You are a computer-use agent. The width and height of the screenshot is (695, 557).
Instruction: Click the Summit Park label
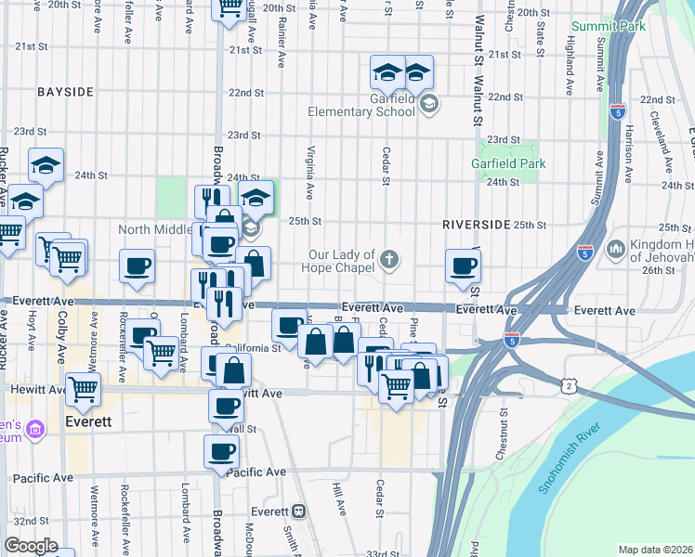pos(609,27)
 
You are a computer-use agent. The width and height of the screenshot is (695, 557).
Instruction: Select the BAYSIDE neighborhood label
pos(65,92)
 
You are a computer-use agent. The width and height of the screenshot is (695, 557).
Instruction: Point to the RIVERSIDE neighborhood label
pos(476,225)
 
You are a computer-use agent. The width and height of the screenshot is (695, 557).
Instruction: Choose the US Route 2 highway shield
pos(567,384)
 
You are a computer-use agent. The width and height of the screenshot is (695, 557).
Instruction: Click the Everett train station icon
pos(298,512)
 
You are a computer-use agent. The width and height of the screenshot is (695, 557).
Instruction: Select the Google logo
pos(31,546)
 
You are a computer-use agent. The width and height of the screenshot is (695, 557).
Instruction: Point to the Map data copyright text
pos(656,550)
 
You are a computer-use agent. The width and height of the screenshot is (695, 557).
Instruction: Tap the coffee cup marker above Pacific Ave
pos(222,452)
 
